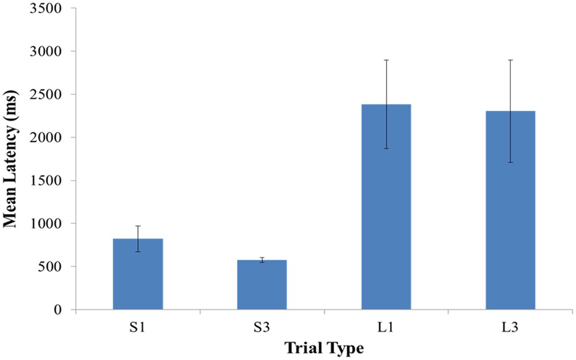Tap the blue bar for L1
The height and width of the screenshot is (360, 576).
pyautogui.click(x=386, y=207)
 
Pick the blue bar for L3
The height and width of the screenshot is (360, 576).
pyautogui.click(x=510, y=210)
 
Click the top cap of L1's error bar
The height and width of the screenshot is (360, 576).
pyautogui.click(x=386, y=60)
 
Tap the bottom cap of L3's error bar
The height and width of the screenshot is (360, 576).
pyautogui.click(x=510, y=162)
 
